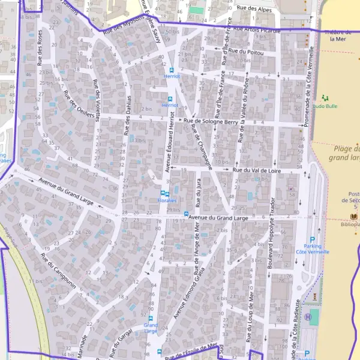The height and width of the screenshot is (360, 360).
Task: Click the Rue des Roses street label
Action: (41, 48)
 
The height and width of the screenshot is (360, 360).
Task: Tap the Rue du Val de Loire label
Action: (259, 170)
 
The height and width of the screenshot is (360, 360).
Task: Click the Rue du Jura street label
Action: (198, 188)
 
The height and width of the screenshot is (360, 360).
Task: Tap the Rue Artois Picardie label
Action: (257, 29)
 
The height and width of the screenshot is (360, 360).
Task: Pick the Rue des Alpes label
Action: (251, 8)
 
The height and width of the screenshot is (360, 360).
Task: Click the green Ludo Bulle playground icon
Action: (325, 97)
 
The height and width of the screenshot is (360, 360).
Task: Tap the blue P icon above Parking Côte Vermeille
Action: (311, 238)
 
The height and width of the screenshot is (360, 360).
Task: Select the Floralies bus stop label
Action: (167, 201)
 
